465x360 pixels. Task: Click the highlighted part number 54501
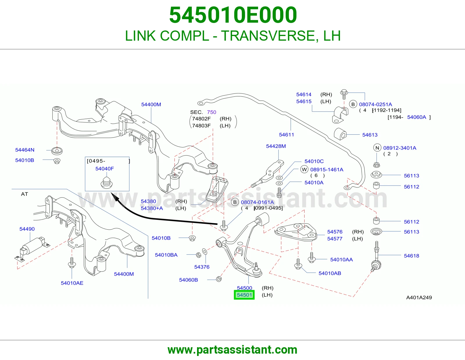coord(244,295)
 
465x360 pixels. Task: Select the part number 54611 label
coord(286,135)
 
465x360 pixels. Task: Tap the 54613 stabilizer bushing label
coord(370,135)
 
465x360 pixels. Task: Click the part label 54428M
coord(276,146)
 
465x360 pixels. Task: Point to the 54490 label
coord(27,229)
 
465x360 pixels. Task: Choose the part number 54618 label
coord(411,256)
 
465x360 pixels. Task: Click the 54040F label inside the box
coord(104,169)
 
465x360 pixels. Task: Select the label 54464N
coord(25,150)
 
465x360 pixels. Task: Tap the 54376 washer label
coord(202,267)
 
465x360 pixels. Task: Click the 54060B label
coord(188,280)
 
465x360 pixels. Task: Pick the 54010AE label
coord(72,283)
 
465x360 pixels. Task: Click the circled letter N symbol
coord(377,148)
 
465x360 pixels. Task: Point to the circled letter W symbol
coord(304,170)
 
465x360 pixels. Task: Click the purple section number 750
coord(211,112)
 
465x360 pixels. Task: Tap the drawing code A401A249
coord(419,298)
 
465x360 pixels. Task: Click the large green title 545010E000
coord(233,15)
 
